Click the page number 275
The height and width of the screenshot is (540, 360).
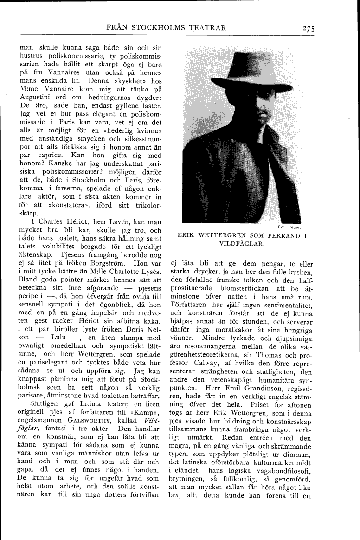coord(307,28)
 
